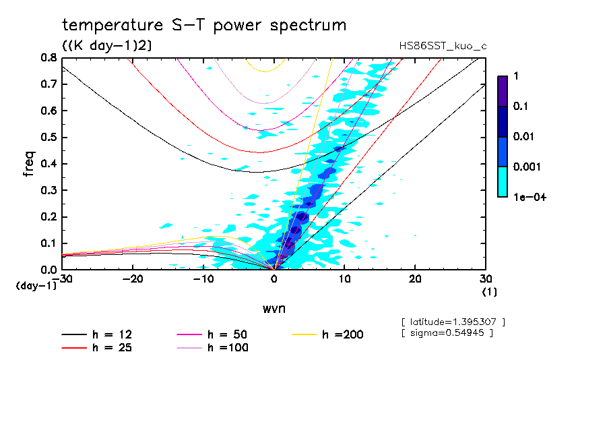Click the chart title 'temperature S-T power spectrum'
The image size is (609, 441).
(x=204, y=26)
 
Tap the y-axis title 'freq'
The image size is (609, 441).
(x=28, y=163)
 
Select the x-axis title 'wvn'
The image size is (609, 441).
(x=274, y=308)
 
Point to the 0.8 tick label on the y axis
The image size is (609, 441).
(x=48, y=58)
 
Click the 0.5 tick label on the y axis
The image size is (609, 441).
(x=48, y=137)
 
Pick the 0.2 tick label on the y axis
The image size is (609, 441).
(x=48, y=216)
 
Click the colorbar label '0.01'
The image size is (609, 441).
(x=522, y=137)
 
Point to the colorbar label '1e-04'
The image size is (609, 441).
(x=525, y=197)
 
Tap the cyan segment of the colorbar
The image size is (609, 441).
(x=503, y=182)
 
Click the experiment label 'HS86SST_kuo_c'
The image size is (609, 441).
(x=443, y=46)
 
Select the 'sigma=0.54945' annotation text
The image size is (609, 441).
(x=447, y=332)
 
